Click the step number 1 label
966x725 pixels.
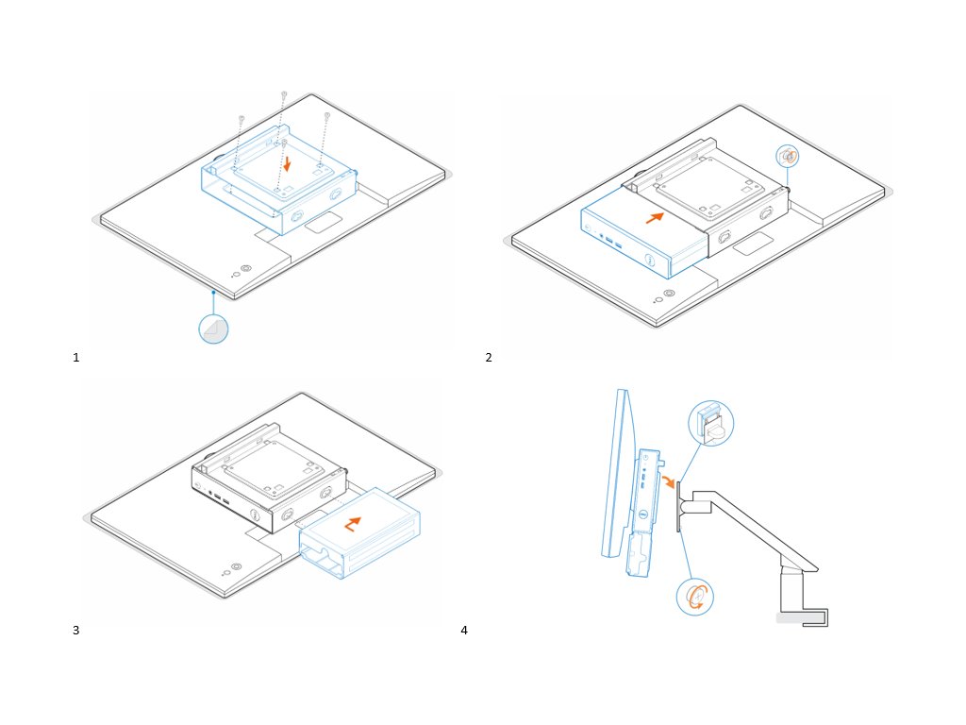pos(75,358)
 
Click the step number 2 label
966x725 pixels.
pos(488,358)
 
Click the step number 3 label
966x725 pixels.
pos(75,630)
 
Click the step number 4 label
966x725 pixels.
pos(463,630)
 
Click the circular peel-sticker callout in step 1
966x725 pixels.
pos(214,328)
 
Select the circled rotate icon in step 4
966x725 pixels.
pos(695,596)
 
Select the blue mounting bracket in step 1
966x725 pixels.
pos(279,184)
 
